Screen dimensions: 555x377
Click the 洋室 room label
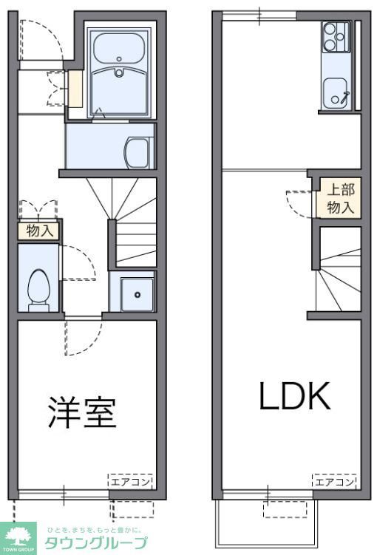point(83,413)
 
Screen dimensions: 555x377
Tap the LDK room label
point(293,397)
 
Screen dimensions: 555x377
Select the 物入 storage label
point(40,231)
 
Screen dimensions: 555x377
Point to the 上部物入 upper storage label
point(341,198)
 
